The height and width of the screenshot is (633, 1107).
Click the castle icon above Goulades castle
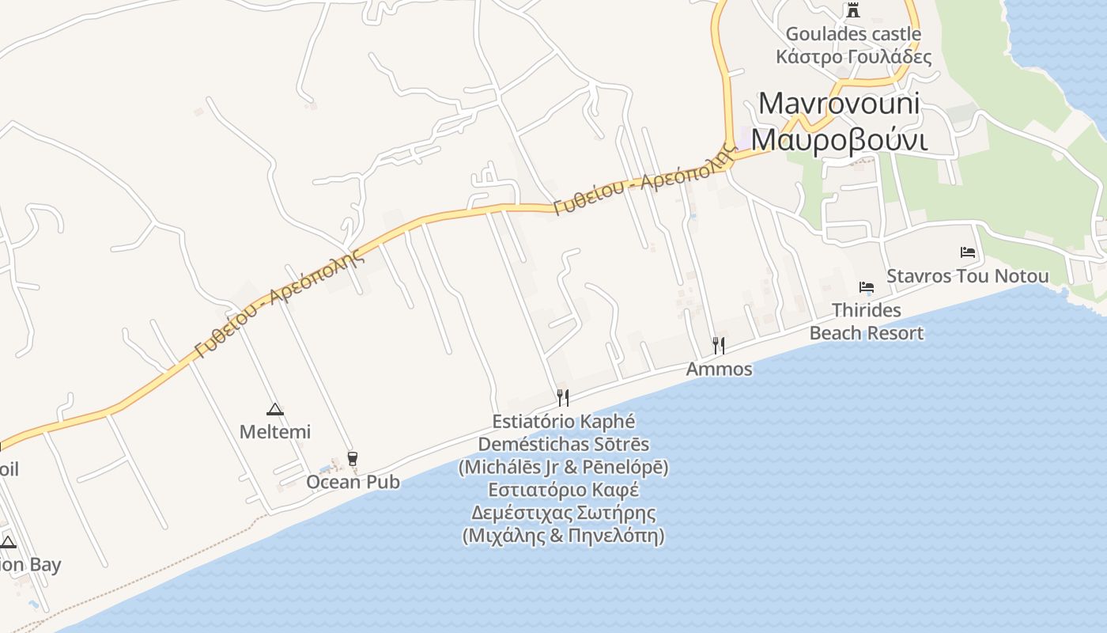(852, 10)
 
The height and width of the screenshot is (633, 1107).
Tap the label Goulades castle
(852, 34)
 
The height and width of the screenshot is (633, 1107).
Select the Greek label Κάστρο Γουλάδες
(853, 57)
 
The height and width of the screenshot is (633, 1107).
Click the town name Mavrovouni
(839, 104)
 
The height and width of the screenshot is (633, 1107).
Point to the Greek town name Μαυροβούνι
(839, 138)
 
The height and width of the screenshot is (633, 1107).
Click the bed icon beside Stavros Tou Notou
(968, 252)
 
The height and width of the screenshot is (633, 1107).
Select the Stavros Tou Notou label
(967, 276)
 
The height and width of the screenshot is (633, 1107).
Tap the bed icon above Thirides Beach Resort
(867, 287)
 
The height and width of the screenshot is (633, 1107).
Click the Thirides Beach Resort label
(866, 321)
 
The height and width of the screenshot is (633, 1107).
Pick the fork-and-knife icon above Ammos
(718, 345)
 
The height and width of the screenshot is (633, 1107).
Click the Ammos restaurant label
(719, 369)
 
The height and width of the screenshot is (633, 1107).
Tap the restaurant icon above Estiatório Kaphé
(563, 397)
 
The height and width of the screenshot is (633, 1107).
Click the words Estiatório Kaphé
(563, 421)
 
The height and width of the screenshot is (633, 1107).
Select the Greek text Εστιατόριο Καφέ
(563, 490)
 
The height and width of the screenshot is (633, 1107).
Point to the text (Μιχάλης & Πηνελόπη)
(563, 536)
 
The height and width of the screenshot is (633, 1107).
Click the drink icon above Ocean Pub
(353, 458)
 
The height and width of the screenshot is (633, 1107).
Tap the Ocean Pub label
(353, 482)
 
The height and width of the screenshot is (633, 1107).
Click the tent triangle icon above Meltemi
(274, 409)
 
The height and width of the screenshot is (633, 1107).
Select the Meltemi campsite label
(274, 432)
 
